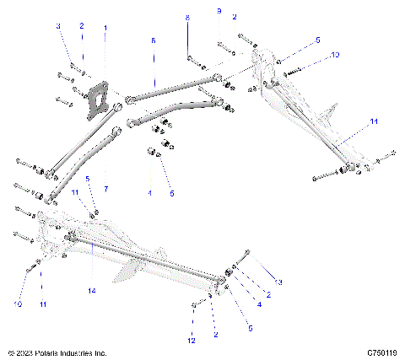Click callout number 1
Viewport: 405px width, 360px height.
pos(105,28)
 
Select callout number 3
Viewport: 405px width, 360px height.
pos(59,27)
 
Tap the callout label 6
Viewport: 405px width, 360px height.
pos(153,40)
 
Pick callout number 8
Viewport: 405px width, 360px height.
pos(188,18)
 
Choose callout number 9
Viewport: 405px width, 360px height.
pos(219,11)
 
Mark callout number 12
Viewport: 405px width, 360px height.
pos(192,340)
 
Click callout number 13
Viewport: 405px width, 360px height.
pos(279,281)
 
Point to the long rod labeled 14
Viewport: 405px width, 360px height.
pos(152,260)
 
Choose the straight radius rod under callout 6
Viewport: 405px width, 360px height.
pos(173,89)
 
